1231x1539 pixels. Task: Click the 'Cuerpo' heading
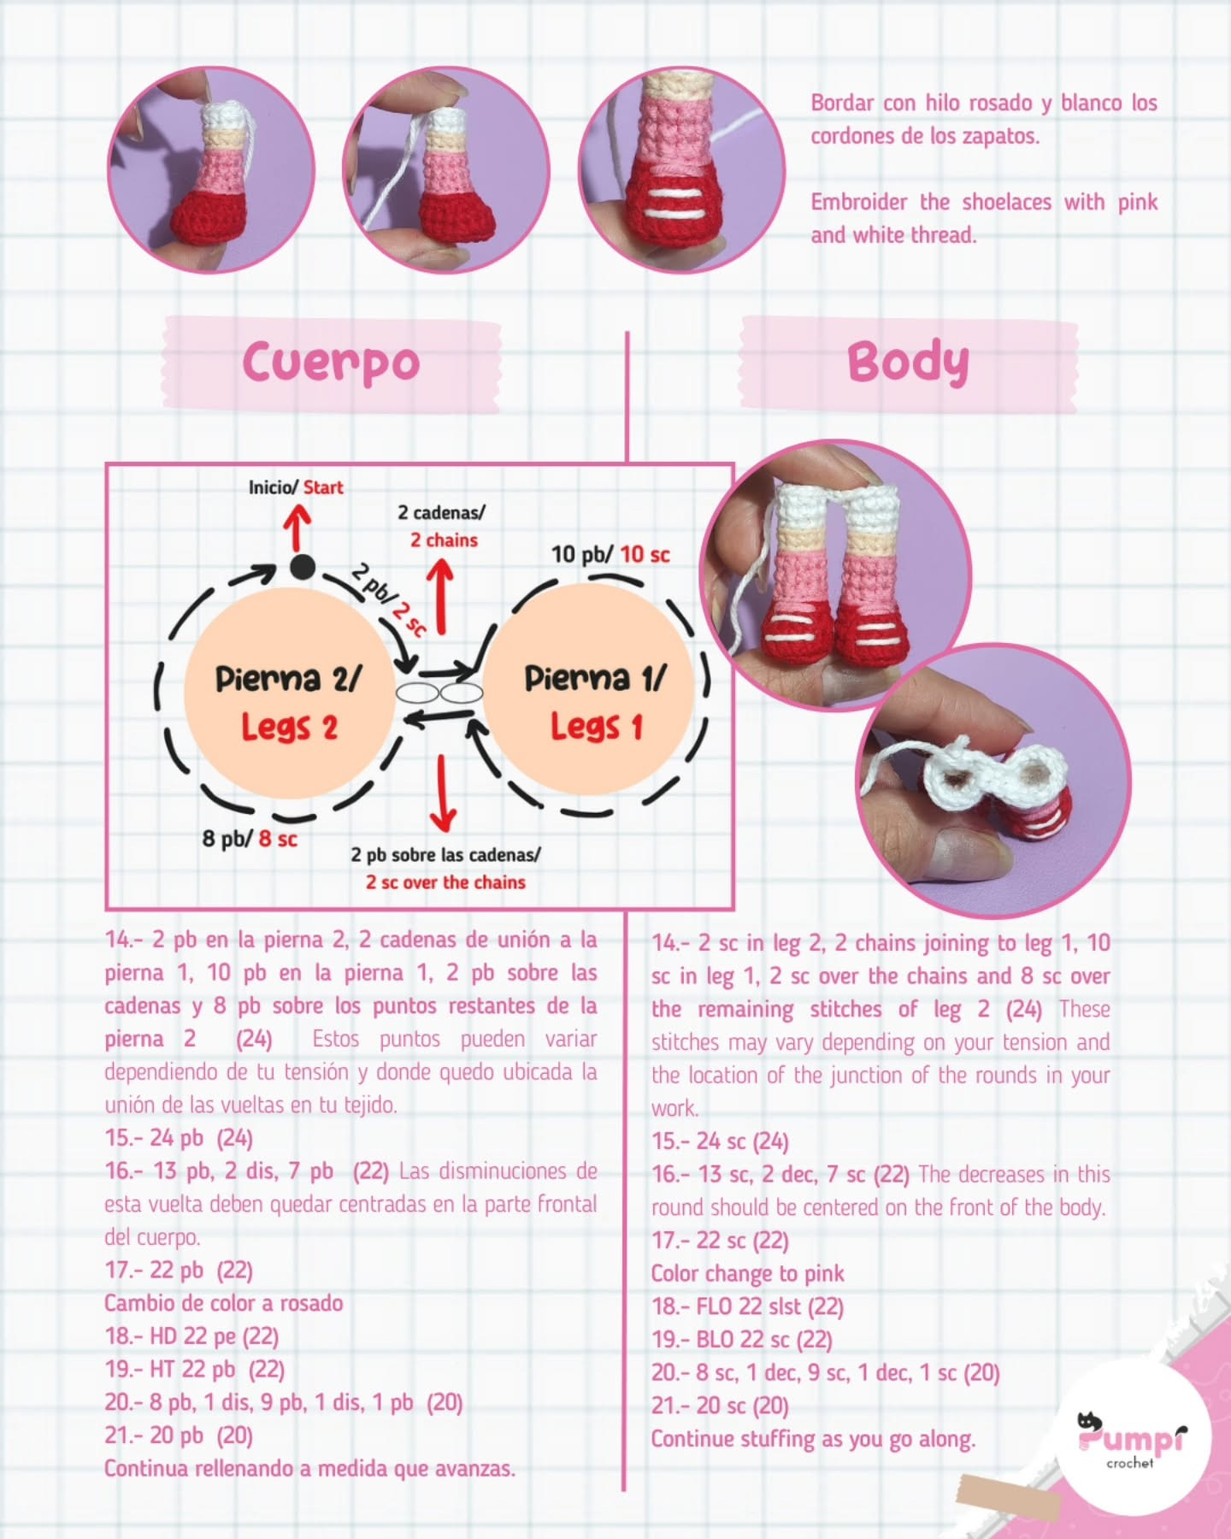(331, 363)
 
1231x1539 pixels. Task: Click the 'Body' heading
(908, 363)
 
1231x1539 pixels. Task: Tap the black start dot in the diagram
(301, 566)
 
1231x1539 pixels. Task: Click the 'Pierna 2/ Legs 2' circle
(289, 701)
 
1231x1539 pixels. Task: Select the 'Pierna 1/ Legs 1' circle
(595, 701)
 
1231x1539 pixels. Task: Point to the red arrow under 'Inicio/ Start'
(297, 528)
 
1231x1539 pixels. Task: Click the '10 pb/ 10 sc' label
(610, 554)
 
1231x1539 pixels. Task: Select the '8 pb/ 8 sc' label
(250, 839)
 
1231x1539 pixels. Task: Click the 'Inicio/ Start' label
(296, 487)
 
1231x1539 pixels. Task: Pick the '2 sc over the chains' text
(445, 882)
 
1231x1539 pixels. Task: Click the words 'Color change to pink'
(747, 1274)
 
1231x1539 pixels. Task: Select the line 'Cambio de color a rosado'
(223, 1304)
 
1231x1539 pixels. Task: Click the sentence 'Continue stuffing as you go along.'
(813, 1439)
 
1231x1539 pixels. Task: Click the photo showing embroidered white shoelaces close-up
(681, 171)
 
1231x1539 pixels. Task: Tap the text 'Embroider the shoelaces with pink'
(984, 203)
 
